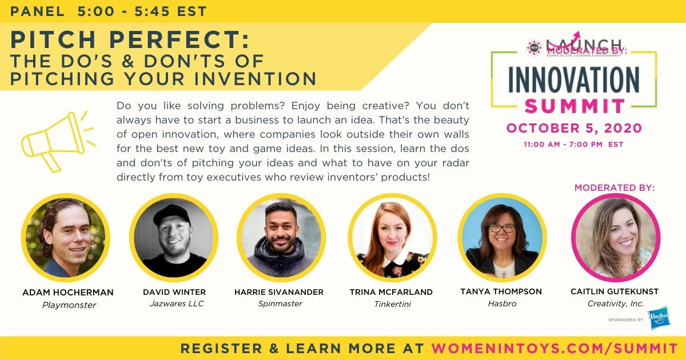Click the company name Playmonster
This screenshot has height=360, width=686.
click(69, 305)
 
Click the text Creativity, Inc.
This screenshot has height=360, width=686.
click(615, 304)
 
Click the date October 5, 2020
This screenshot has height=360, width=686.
click(573, 127)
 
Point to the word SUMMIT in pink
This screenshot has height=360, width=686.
click(575, 106)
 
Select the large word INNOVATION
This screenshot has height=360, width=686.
click(573, 81)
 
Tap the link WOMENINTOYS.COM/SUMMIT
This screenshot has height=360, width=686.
click(554, 348)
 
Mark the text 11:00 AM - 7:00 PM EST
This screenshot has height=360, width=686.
click(573, 145)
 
